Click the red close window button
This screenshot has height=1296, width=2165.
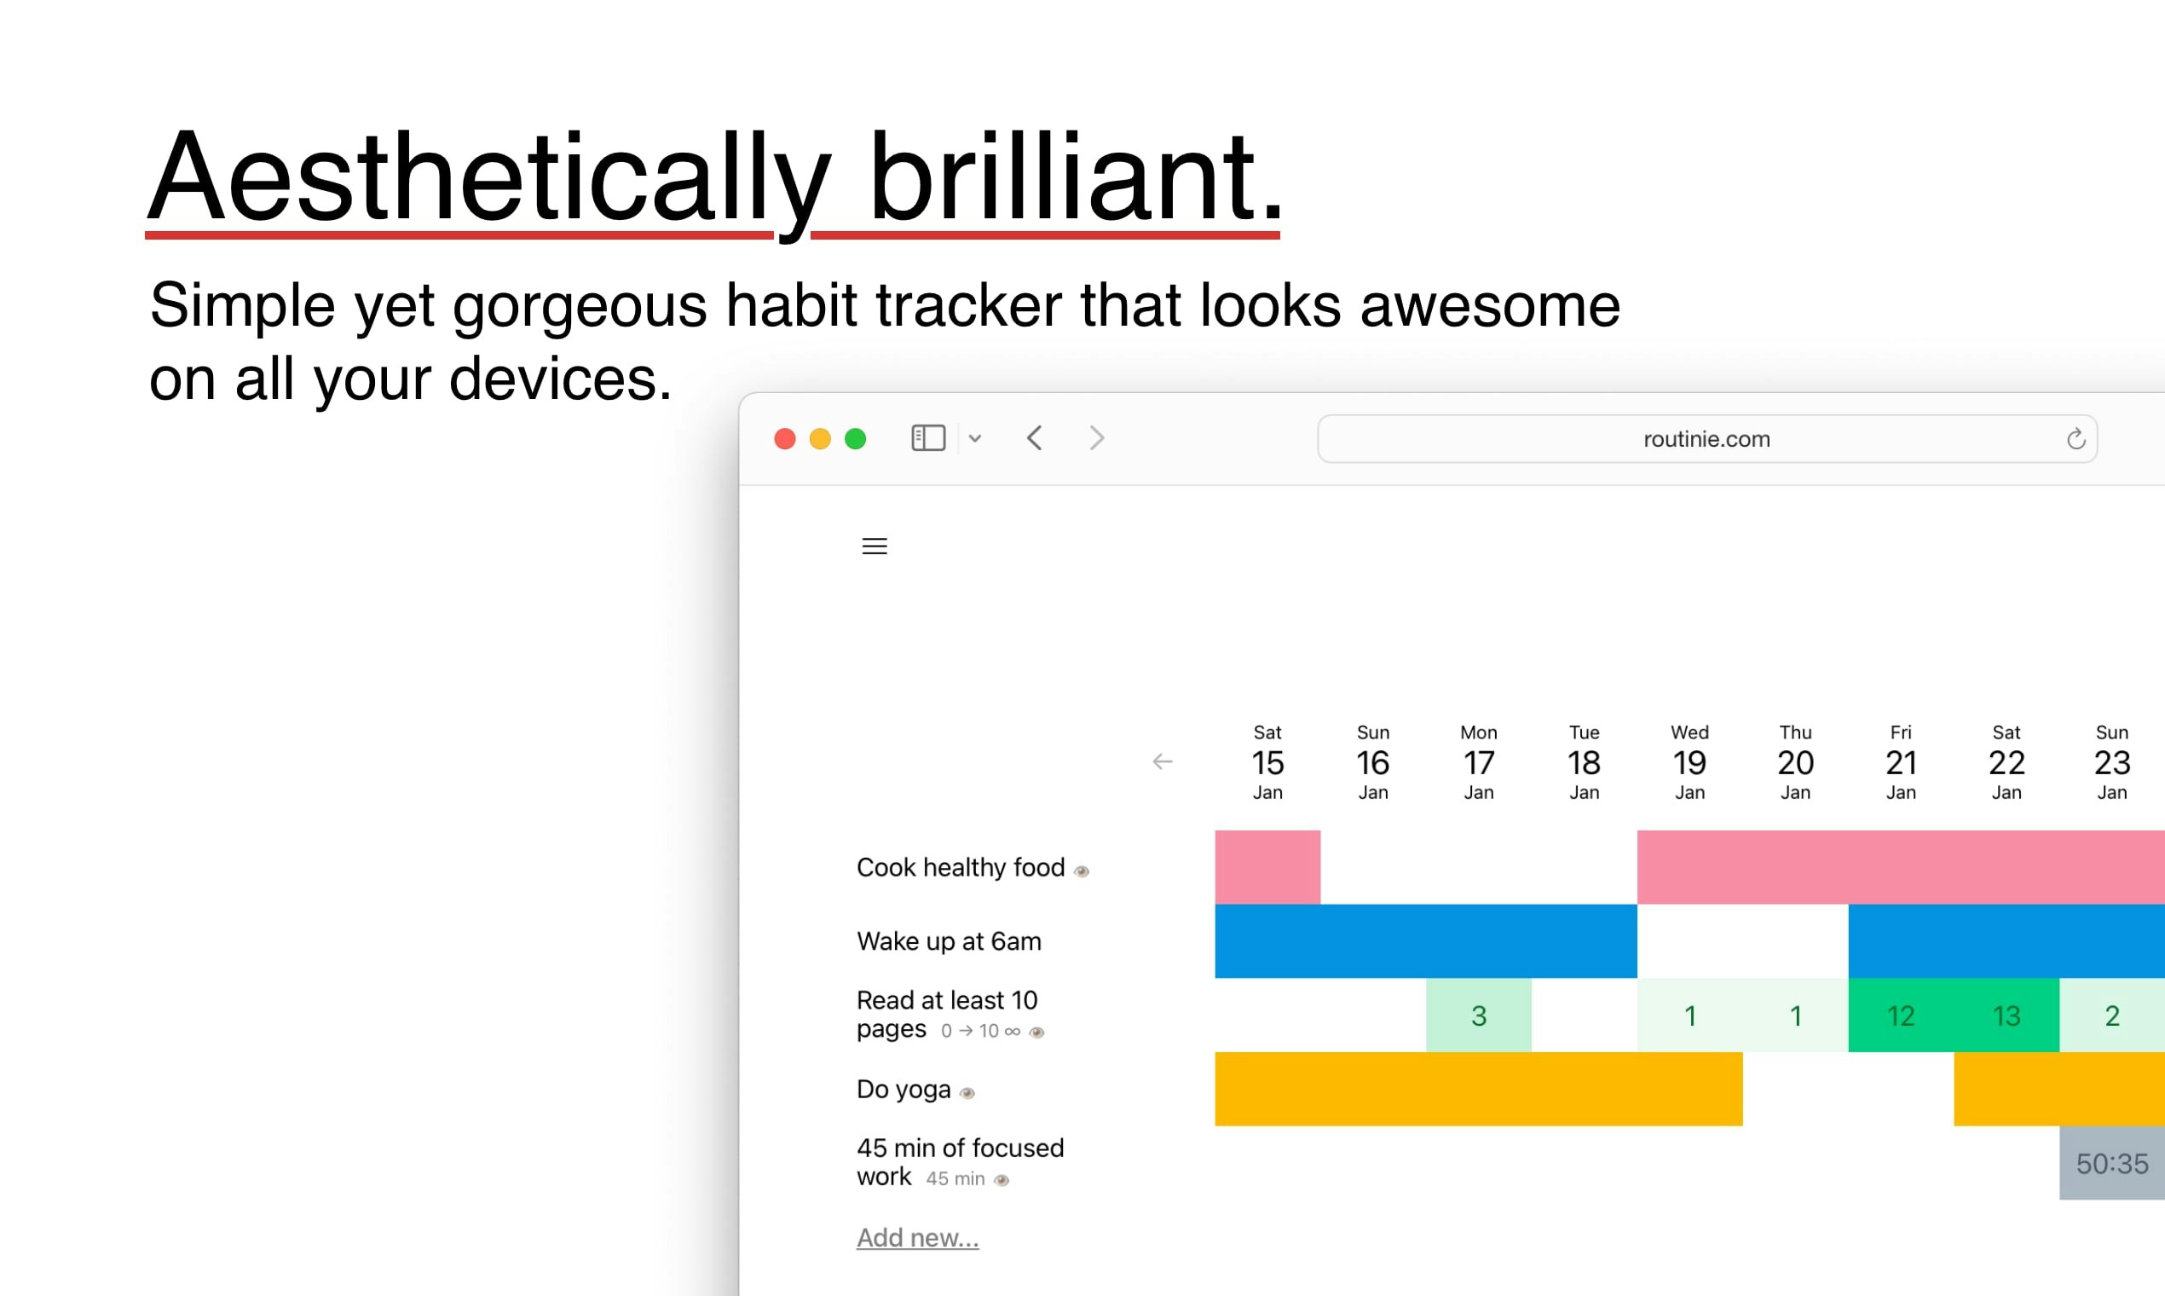coord(785,438)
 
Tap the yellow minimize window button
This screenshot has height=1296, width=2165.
coord(820,438)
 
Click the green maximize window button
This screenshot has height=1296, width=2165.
coord(856,438)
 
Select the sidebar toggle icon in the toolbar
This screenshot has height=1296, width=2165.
coord(928,437)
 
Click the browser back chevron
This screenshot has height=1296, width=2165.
coord(1035,437)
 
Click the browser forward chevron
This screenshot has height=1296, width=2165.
coord(1097,437)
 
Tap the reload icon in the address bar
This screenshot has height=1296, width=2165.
coord(2076,438)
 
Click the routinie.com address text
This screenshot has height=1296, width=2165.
coord(1706,438)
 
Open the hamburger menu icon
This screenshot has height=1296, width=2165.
coord(875,546)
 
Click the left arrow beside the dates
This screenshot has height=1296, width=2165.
coord(1162,761)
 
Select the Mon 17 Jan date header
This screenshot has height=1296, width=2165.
coord(1479,762)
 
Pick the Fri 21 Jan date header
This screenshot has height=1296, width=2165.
coord(1901,762)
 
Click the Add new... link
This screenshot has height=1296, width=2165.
coord(917,1237)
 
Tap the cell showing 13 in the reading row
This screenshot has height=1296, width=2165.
coord(2006,1015)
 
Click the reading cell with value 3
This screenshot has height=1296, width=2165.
coord(1479,1015)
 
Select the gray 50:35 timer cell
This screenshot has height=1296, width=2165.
coord(2112,1162)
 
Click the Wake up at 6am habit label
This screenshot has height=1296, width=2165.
coord(949,940)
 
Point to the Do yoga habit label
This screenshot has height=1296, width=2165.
coord(904,1089)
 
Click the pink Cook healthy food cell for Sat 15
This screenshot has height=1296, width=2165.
coord(1267,866)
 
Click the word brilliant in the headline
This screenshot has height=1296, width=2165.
coord(1076,176)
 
